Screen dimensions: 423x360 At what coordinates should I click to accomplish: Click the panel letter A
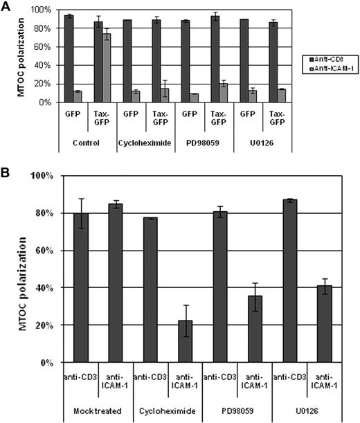click(x=6, y=7)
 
